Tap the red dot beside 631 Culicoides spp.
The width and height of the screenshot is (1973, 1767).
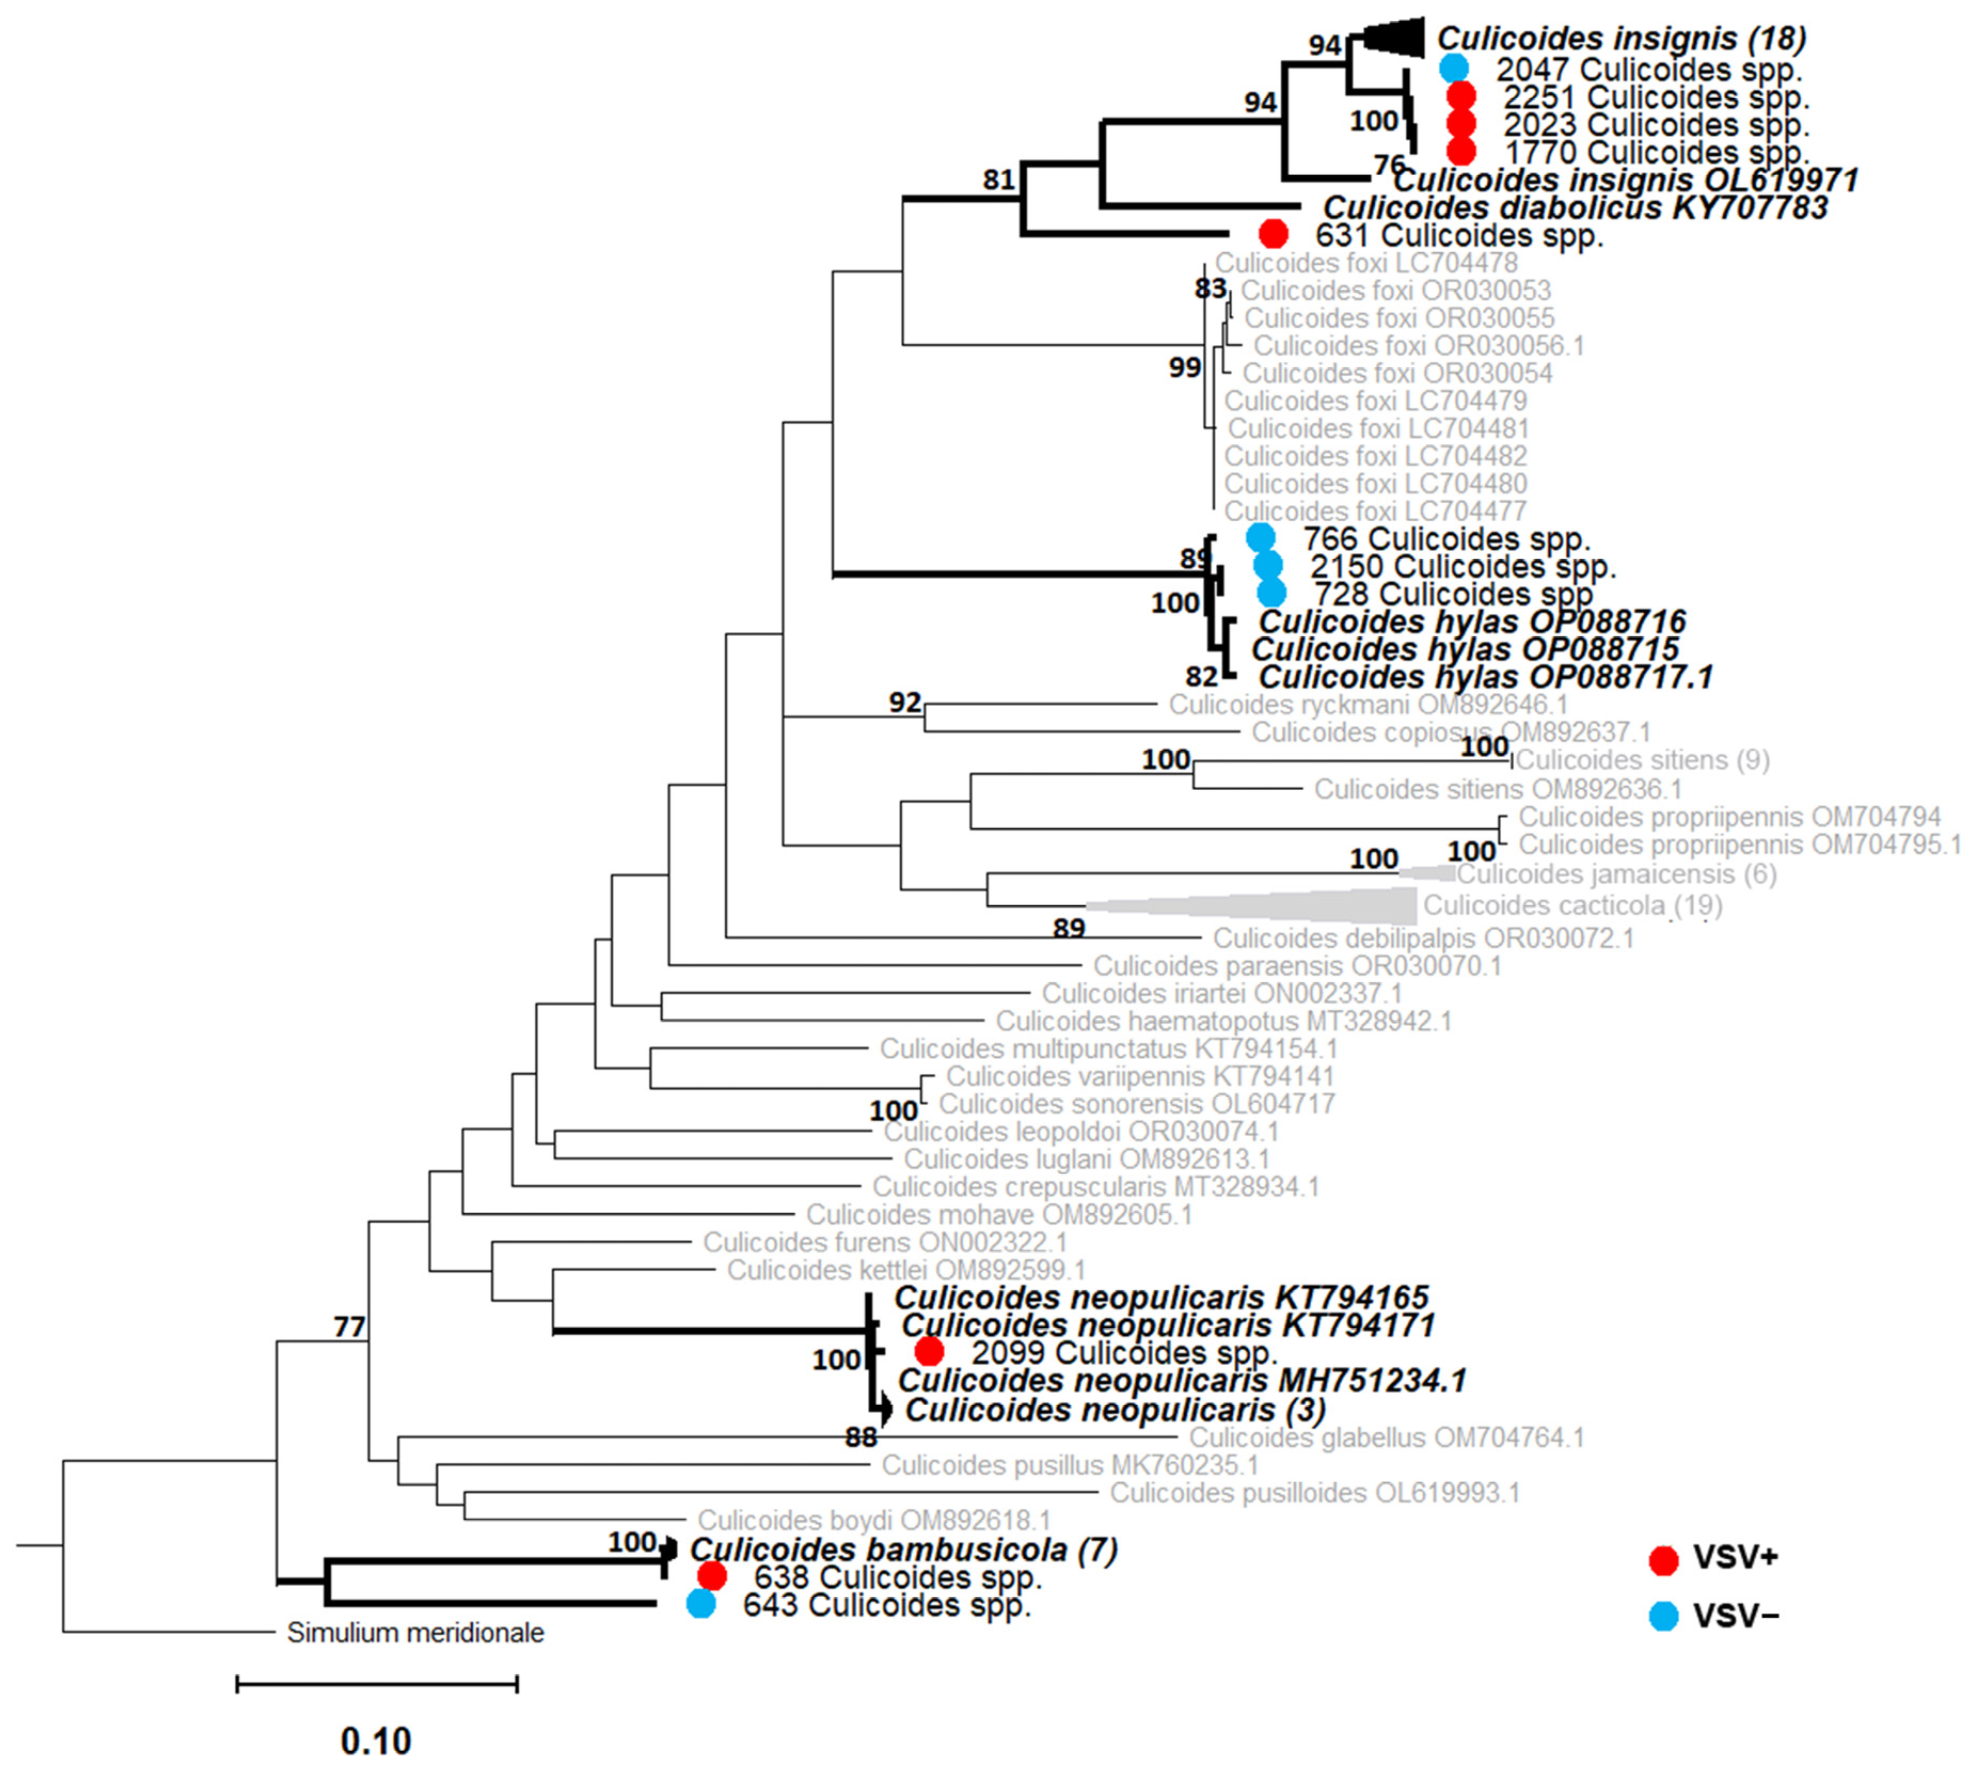point(1273,234)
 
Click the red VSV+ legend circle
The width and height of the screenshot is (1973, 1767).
point(1663,1559)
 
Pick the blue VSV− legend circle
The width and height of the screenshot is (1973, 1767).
point(1663,1615)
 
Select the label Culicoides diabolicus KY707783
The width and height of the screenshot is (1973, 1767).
point(1575,207)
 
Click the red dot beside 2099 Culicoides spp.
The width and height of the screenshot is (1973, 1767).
point(929,1351)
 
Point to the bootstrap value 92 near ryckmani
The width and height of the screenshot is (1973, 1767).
point(905,702)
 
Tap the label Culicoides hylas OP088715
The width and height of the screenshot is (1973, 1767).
point(1465,648)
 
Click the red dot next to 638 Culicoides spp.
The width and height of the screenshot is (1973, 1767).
point(712,1576)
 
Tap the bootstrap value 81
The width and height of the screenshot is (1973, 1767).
point(999,180)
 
